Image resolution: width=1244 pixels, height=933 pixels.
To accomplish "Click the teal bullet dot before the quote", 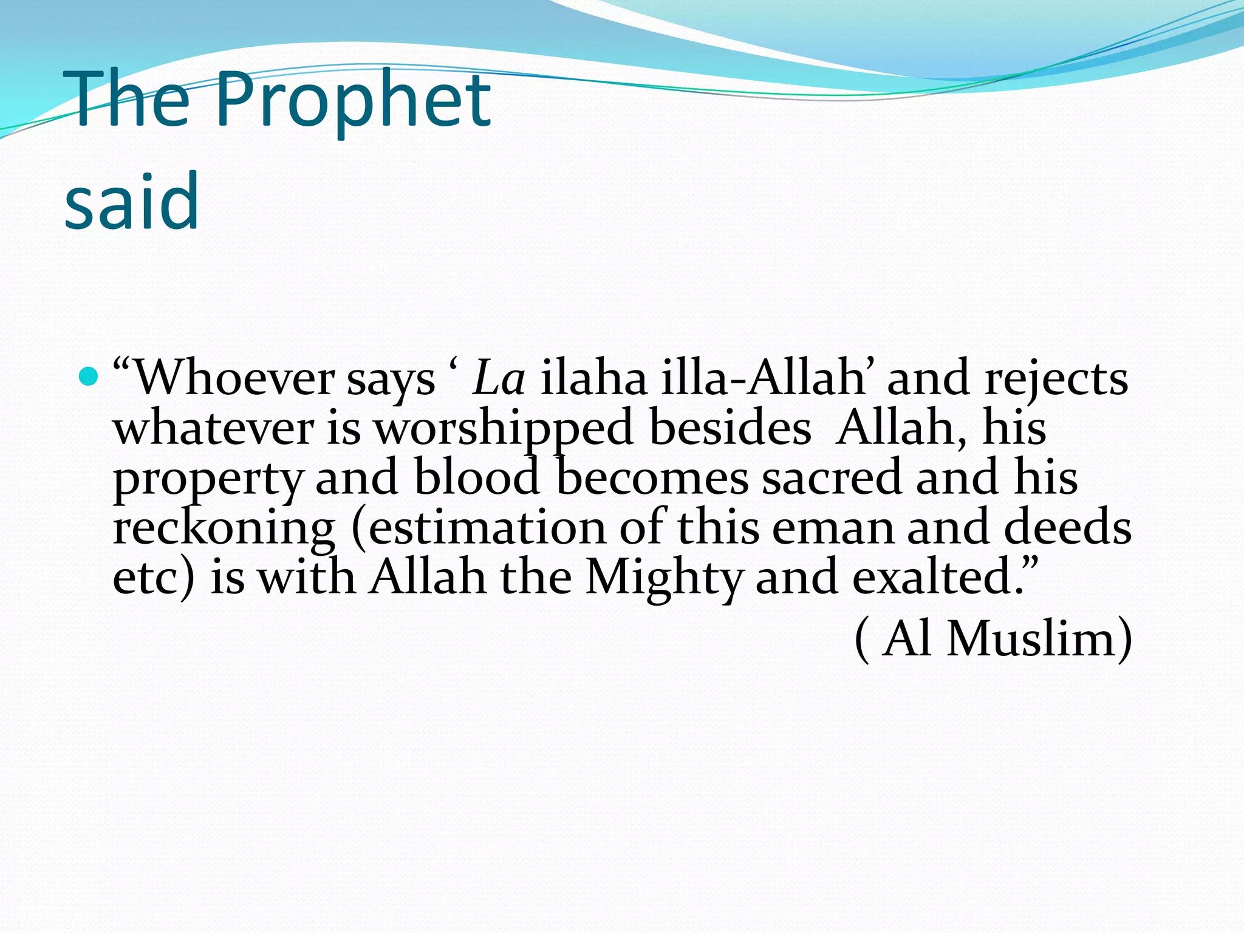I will (89, 378).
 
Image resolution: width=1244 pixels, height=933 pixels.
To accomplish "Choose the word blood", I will (477, 477).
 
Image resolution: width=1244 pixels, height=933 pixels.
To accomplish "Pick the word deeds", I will (1067, 527).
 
